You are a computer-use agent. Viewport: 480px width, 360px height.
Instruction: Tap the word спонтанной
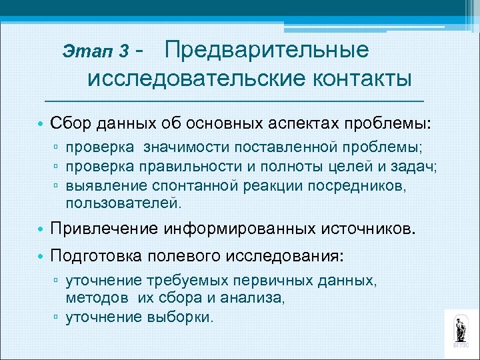tap(181, 186)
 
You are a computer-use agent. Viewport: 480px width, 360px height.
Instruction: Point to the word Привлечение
tap(107, 231)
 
